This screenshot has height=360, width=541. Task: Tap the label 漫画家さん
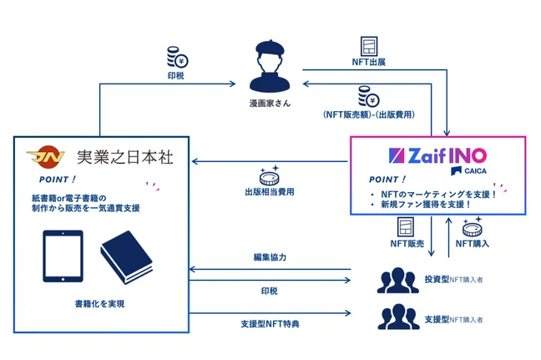270,103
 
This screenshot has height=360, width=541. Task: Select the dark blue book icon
126,252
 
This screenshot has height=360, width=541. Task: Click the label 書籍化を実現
96,306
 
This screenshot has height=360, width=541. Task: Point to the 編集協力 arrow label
269,257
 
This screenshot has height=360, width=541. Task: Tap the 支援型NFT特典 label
269,324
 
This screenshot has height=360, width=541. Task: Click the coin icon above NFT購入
471,226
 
